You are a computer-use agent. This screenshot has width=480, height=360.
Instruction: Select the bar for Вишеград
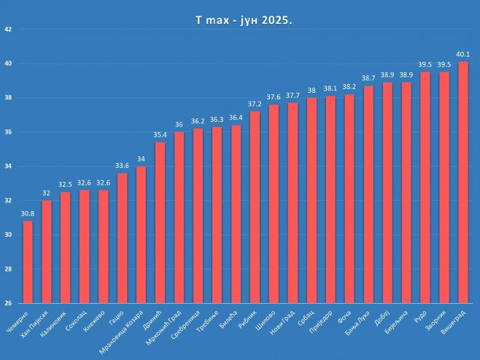(x=462, y=183)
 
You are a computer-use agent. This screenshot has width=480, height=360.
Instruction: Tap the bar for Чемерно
(x=28, y=261)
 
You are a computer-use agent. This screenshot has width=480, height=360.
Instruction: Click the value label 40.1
(x=462, y=54)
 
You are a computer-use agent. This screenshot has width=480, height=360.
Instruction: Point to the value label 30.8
(x=28, y=213)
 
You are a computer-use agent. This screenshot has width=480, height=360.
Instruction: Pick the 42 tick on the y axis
(x=8, y=30)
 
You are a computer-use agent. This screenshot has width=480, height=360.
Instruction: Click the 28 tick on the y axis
(x=8, y=269)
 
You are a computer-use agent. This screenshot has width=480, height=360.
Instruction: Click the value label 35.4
(x=160, y=134)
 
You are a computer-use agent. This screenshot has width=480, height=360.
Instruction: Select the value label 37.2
(x=255, y=104)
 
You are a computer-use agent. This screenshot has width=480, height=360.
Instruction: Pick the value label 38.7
(x=368, y=78)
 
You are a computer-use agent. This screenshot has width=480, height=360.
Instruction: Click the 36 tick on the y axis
(x=8, y=132)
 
